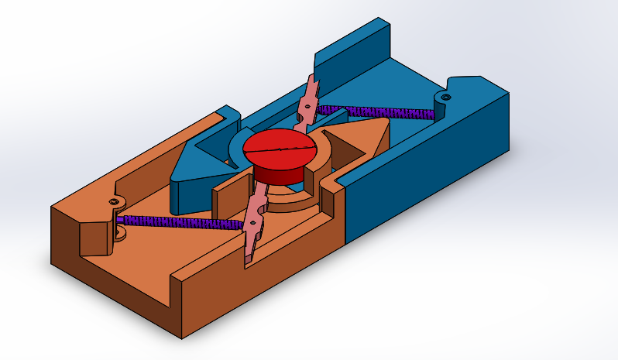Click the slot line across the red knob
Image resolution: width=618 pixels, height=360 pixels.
[x=280, y=146]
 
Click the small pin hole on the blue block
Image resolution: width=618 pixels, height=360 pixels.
[x=445, y=97]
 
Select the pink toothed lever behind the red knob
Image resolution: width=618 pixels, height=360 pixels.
[x=307, y=101]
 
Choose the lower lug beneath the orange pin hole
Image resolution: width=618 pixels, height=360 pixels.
[x=121, y=233]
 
